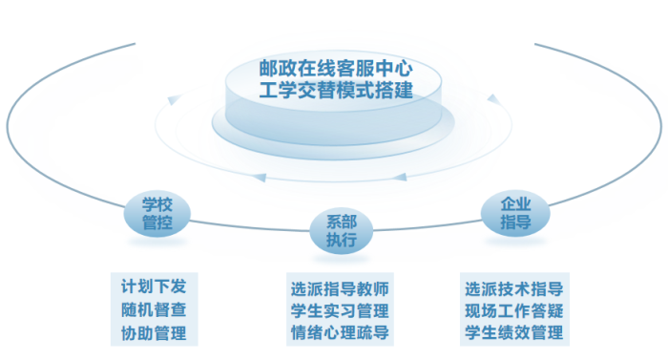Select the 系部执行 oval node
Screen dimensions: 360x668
tap(341, 229)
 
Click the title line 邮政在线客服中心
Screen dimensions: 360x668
tap(335, 69)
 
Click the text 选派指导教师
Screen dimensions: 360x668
tap(339, 286)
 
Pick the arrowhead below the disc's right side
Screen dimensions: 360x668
tap(404, 176)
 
